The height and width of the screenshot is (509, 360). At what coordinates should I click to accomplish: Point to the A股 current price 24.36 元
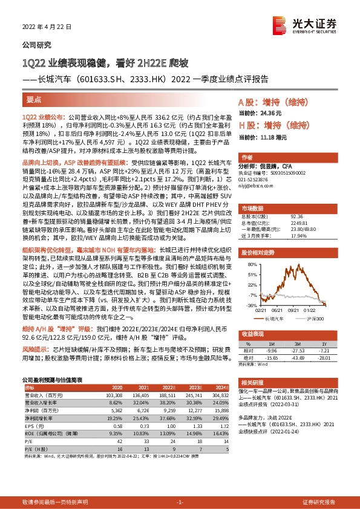click(273, 113)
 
